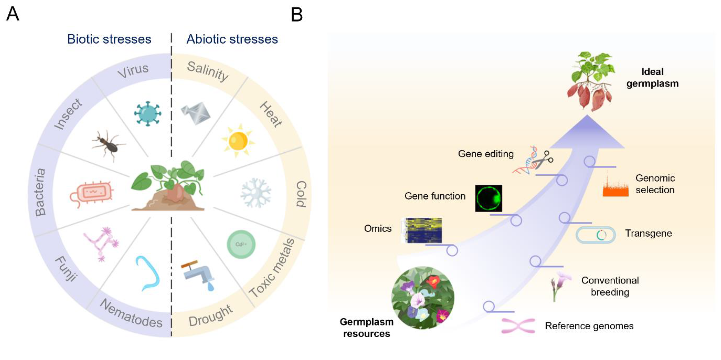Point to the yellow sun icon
coord(238,140)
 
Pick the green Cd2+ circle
coord(241,244)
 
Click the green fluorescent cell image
coord(488,198)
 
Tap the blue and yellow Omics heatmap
coord(423,230)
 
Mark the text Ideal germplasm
coord(652,78)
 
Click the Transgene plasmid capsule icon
coord(595,235)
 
